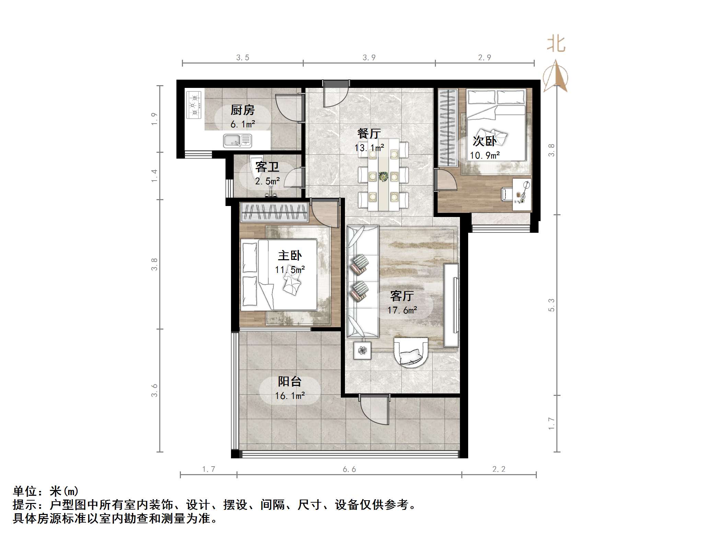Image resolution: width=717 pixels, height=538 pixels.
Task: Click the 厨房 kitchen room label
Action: point(242,110)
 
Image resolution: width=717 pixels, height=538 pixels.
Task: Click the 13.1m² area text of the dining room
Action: point(369,148)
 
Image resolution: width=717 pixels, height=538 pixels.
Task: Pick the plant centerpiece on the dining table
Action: point(383,176)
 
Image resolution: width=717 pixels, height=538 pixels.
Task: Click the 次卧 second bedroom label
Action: point(484,141)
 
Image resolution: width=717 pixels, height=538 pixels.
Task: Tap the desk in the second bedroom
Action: point(522,194)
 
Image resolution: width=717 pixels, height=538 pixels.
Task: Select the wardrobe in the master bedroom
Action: point(274,212)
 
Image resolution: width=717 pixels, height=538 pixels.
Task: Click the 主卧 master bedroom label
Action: point(290,255)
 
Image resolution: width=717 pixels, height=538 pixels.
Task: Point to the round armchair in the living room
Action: point(411,352)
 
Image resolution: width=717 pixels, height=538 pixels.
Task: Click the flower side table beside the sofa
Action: point(362,351)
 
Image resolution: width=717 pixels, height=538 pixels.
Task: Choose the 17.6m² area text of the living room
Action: point(402,310)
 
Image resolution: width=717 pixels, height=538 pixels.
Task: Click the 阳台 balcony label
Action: point(290,381)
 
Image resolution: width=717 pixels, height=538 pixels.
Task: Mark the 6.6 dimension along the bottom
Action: point(349,469)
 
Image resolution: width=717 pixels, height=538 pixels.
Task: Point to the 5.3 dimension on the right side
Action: point(551,305)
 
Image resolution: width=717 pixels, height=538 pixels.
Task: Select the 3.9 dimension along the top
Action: point(369,58)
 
